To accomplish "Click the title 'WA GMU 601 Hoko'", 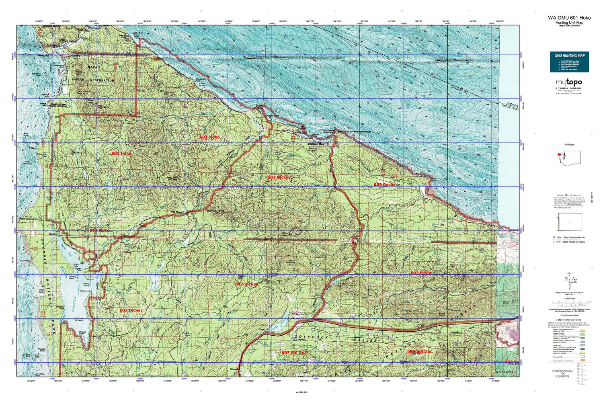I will tap(569, 18).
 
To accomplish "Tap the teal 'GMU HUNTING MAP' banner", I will tap(569, 55).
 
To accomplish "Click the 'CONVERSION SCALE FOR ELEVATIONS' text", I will tap(562, 373).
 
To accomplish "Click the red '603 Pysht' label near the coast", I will tap(384, 185).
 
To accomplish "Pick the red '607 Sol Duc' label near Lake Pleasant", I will tap(294, 353).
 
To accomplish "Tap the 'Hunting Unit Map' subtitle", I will tap(569, 23).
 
